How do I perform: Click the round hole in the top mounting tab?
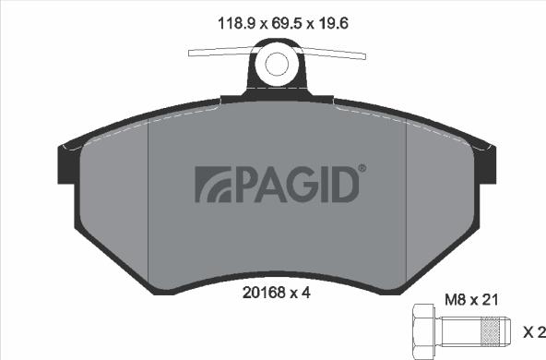click(278, 64)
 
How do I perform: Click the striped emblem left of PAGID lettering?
click(210, 185)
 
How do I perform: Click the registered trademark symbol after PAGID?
click(362, 169)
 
